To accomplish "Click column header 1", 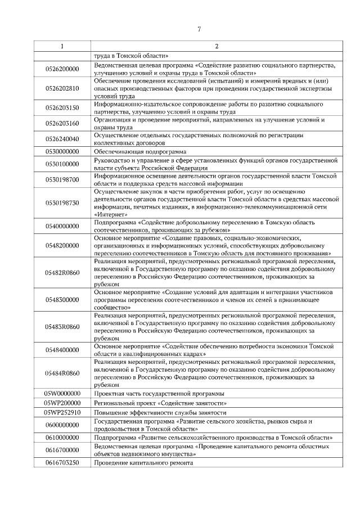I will point(62,46).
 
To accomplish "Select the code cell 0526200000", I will point(62,69).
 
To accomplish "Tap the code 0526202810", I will point(62,88).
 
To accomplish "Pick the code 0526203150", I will point(62,108).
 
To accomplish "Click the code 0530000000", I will point(62,151).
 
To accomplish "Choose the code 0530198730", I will point(62,202).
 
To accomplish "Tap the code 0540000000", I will point(62,226).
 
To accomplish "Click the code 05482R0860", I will point(62,273).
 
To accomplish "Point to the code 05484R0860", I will point(62,373).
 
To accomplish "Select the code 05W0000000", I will point(62,393).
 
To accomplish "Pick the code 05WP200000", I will point(62,403).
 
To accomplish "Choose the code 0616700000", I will point(62,449).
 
